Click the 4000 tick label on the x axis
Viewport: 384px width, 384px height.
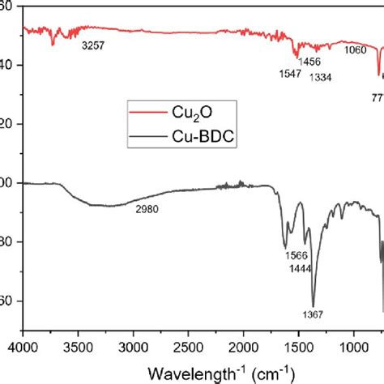tap(23, 345)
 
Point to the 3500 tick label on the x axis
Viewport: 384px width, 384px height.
tap(79, 345)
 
